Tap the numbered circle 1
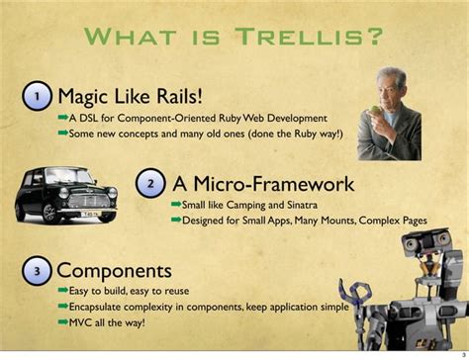tap(37, 96)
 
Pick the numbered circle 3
tap(37, 269)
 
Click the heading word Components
tap(115, 269)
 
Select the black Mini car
tap(67, 196)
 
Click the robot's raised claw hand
tap(353, 292)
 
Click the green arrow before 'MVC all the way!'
tap(62, 321)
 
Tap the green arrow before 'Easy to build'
tap(62, 291)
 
